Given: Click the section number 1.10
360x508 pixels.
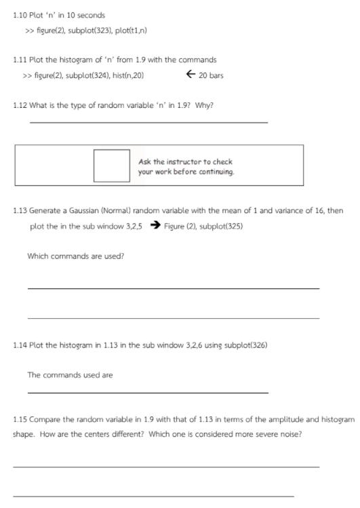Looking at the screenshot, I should pos(20,15).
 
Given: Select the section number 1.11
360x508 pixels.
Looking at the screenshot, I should pos(20,60).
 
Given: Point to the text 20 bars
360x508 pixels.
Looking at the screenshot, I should pos(211,75).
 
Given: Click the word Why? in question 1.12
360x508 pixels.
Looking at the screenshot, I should pos(204,105).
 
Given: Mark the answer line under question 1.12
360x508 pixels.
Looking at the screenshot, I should pos(148,122).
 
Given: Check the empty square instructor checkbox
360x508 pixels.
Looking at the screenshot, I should pos(111,165).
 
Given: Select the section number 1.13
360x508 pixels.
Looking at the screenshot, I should pos(20,211).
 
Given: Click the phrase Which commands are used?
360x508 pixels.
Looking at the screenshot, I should pos(76,256).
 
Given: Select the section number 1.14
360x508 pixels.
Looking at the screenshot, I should pos(20,345).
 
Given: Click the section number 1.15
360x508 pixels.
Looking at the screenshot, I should pos(20,420).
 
